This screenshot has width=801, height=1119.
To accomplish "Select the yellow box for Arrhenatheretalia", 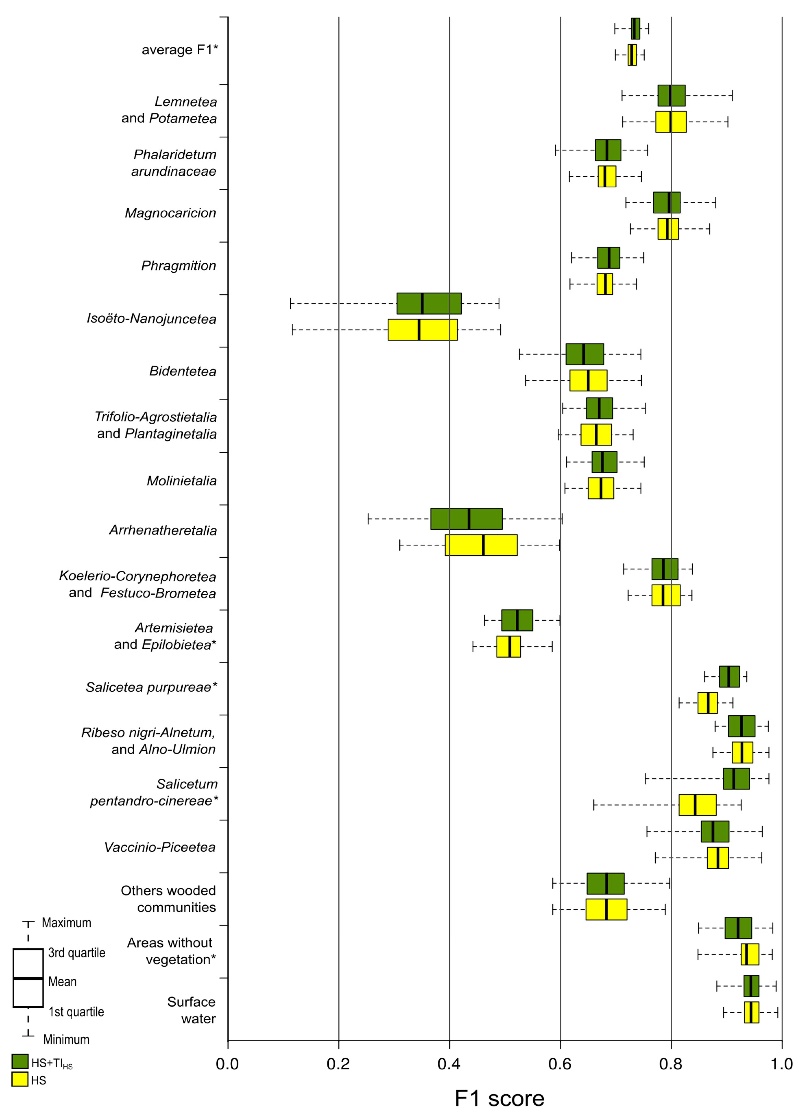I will (x=481, y=545).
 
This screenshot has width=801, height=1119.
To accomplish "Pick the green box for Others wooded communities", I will (x=605, y=883).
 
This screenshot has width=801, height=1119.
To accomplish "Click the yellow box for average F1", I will (x=632, y=55).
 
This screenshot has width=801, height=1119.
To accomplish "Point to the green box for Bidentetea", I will (x=584, y=354).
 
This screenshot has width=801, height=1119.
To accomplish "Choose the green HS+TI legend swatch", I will (x=20, y=1061).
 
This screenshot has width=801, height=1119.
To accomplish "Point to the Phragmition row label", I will (x=179, y=266).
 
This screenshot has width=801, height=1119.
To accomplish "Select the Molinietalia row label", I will (x=182, y=481).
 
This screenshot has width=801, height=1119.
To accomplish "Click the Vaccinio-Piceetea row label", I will (x=160, y=847).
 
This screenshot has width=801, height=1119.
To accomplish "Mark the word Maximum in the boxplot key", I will (x=66, y=923).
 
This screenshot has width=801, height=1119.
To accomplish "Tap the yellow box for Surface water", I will (x=751, y=1012).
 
